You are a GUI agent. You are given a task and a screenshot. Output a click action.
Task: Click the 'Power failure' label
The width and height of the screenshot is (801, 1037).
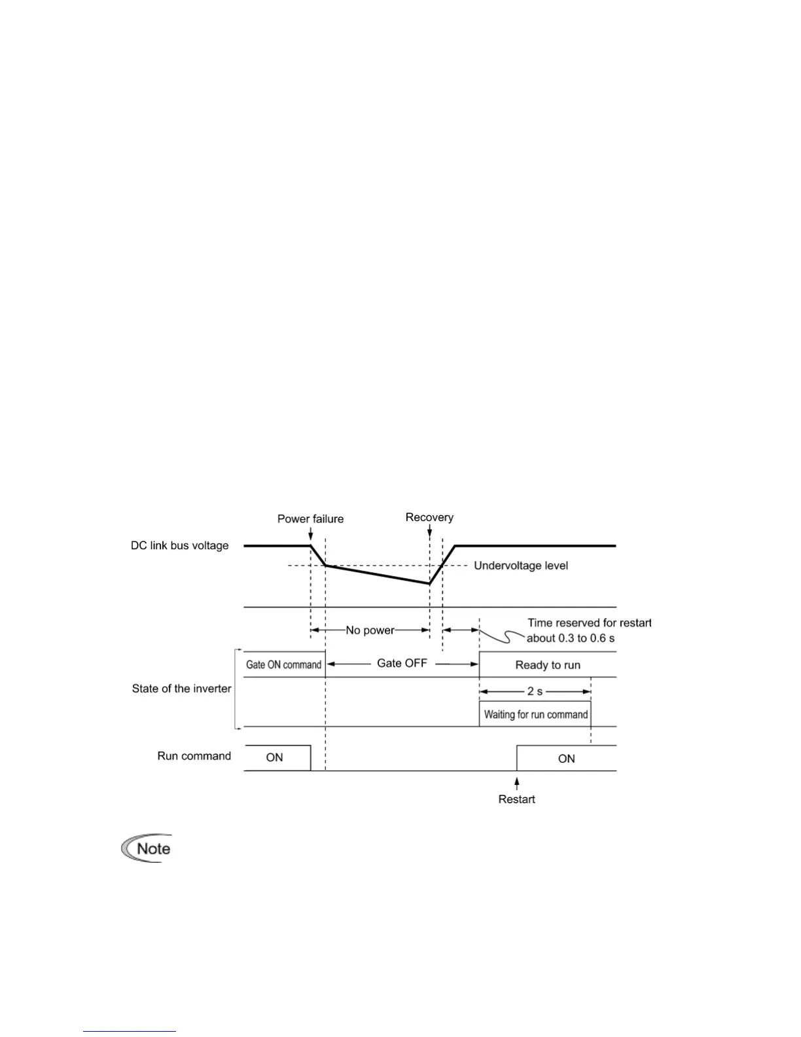click(x=310, y=519)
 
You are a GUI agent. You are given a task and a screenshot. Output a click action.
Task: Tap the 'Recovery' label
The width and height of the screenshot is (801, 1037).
click(x=429, y=517)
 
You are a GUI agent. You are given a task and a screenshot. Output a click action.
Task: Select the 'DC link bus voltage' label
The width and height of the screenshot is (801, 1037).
click(x=180, y=545)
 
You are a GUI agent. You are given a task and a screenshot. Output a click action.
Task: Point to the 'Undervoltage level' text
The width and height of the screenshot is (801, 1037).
click(x=521, y=566)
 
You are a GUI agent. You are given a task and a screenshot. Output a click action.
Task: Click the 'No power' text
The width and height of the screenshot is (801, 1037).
click(x=370, y=630)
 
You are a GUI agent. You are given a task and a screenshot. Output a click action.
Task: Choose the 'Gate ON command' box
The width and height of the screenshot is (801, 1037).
click(x=284, y=664)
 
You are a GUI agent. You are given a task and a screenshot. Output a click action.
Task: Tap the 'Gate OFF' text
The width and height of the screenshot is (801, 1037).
click(x=402, y=663)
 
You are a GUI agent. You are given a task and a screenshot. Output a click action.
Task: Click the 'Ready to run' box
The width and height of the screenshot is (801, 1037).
click(x=548, y=664)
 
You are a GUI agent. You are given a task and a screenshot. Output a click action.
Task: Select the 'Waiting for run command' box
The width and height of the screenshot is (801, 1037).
click(x=535, y=714)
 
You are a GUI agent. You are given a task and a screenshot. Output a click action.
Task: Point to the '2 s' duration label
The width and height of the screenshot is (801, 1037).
click(x=535, y=691)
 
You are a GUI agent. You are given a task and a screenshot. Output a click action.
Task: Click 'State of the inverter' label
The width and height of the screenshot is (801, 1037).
click(x=182, y=689)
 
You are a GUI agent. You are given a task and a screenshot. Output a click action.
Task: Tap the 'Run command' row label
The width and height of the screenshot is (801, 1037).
click(x=194, y=756)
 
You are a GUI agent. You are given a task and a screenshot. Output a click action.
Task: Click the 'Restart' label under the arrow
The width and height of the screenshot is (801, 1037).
click(x=517, y=799)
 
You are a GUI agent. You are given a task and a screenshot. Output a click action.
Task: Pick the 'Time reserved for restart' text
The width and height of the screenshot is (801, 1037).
click(x=589, y=623)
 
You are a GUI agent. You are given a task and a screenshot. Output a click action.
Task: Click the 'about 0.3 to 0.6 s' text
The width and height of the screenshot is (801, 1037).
click(x=571, y=638)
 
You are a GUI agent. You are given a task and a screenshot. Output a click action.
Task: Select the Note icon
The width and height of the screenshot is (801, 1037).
click(x=147, y=848)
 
